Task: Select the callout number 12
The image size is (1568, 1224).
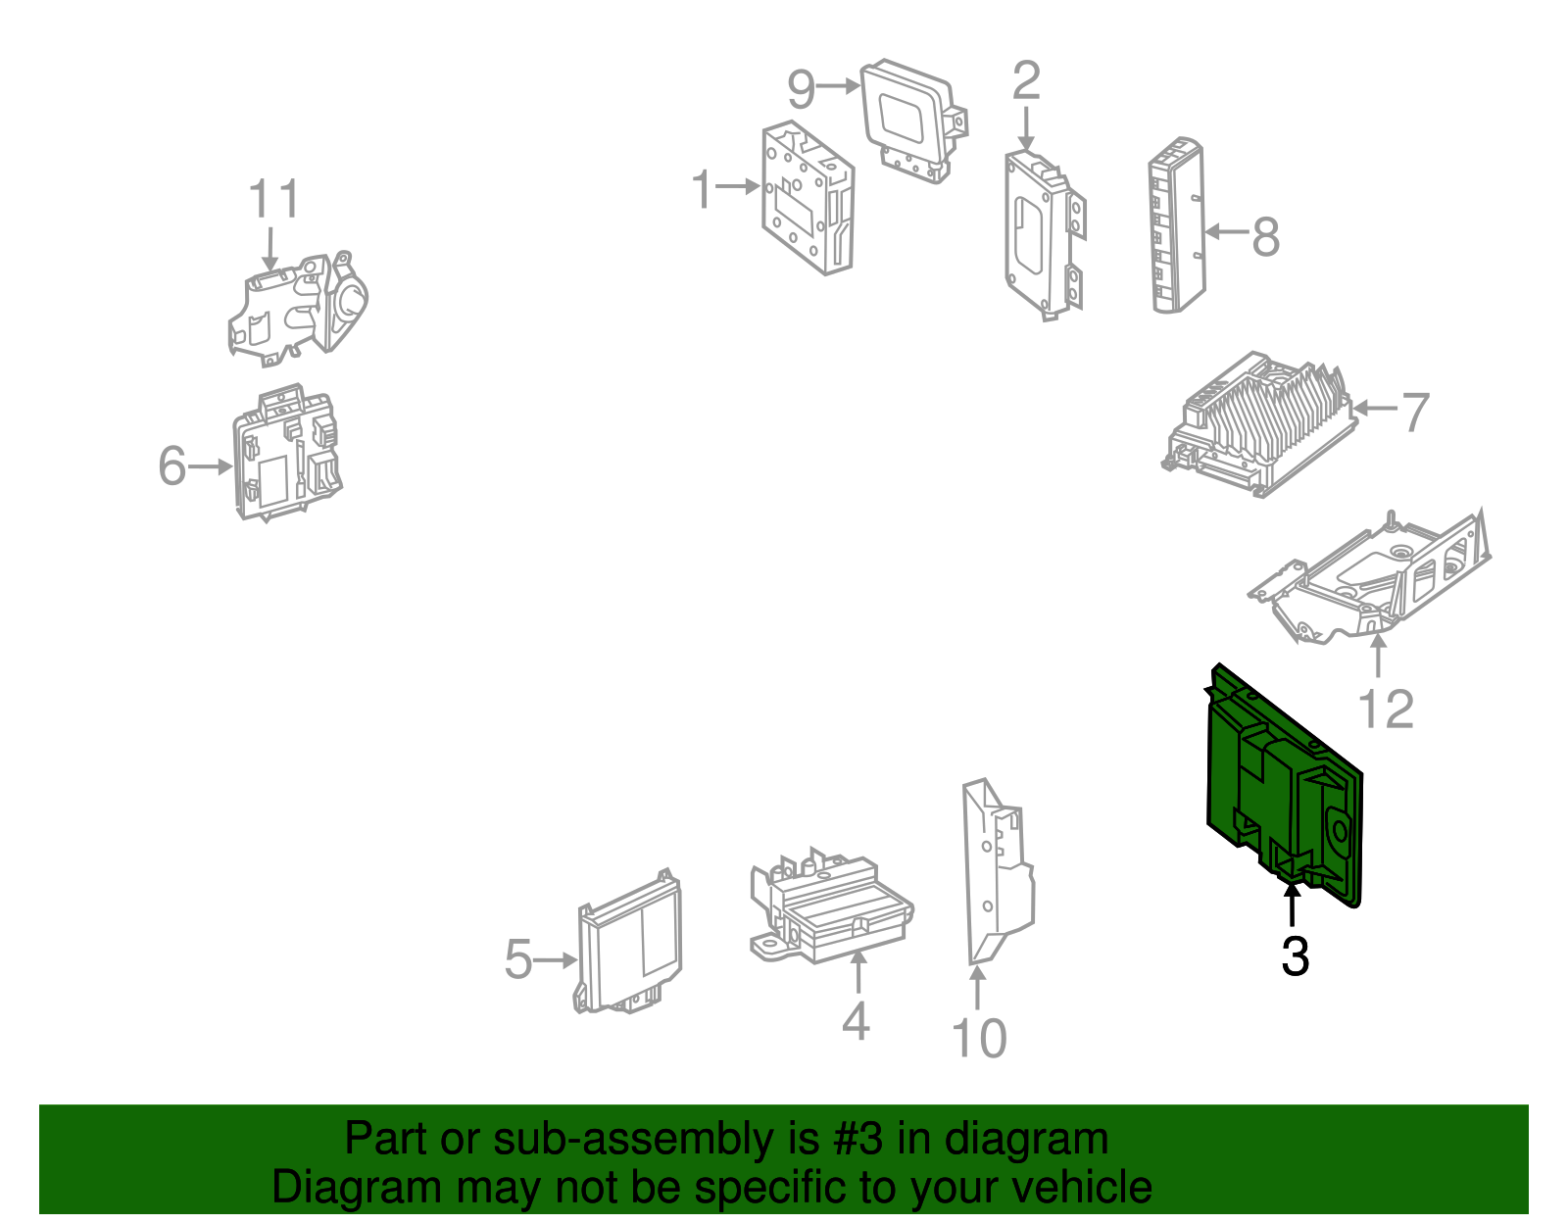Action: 1386,710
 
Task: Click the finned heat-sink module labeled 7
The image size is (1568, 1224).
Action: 1259,424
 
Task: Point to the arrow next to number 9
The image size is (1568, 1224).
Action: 838,86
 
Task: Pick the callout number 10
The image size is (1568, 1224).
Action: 978,1039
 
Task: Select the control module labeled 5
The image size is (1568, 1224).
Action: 628,942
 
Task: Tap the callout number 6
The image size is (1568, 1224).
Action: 172,465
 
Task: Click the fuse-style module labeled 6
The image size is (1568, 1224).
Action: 286,453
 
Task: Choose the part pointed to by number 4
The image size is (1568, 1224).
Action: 831,905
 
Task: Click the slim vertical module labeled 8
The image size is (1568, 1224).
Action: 1177,225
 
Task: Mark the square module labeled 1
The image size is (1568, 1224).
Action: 808,198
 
